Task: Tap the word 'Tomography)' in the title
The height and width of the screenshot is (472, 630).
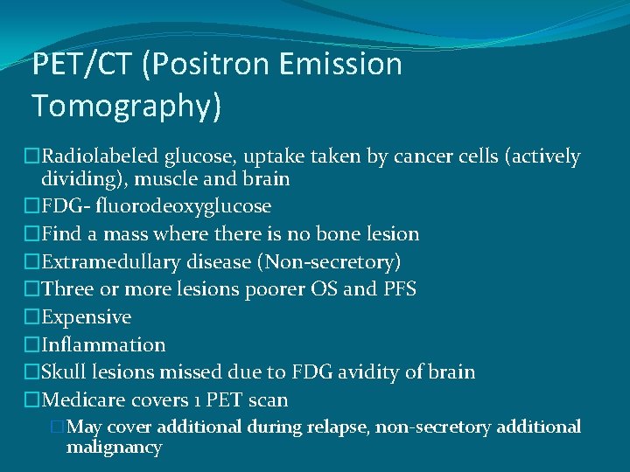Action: (127, 106)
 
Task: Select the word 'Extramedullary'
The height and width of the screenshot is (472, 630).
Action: (108, 261)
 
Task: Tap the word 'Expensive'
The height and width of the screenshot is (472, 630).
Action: (87, 317)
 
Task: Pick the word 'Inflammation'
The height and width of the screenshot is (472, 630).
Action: (103, 345)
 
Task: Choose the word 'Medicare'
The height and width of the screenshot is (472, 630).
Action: (83, 400)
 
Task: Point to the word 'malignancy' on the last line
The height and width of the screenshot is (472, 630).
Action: (114, 448)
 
